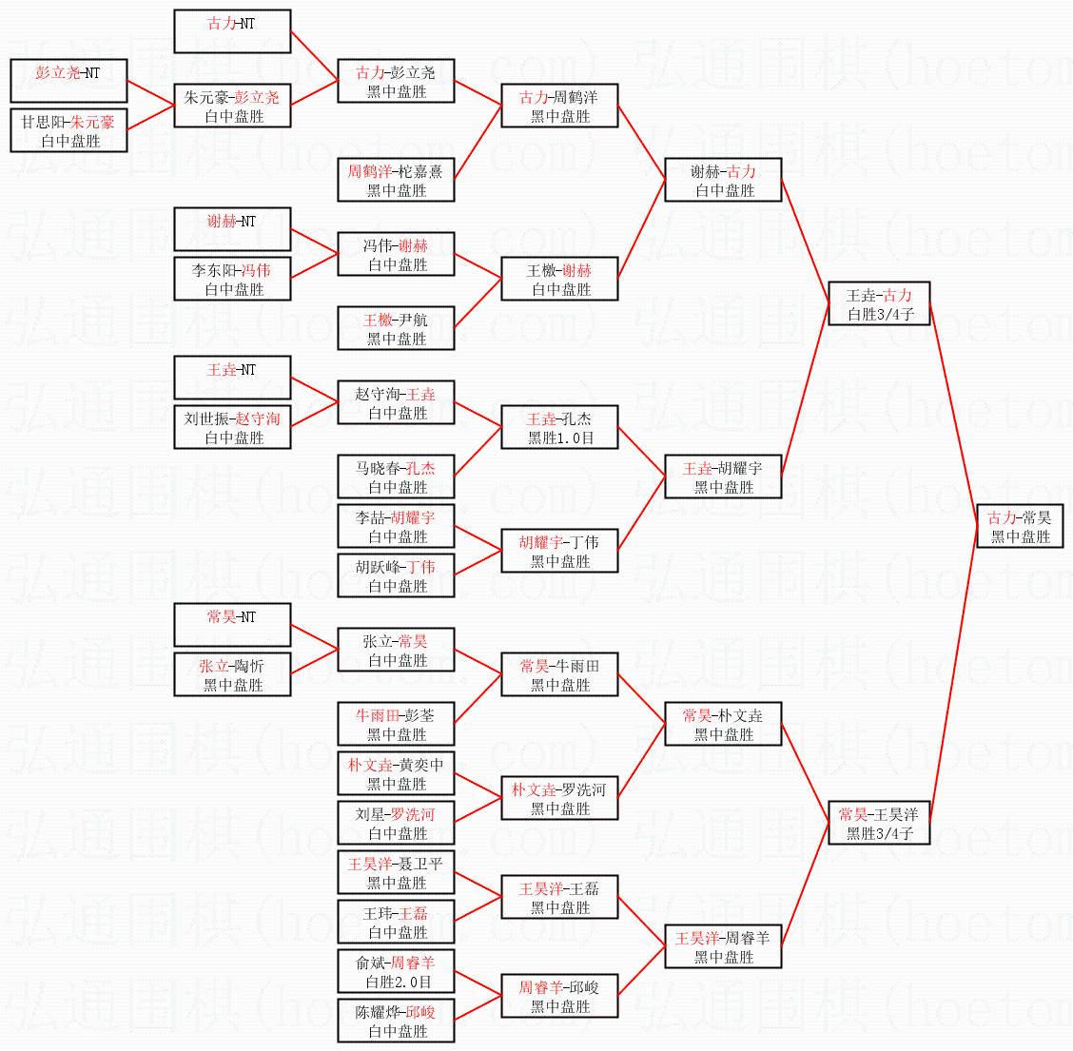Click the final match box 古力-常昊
(x=1020, y=527)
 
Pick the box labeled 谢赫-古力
(x=723, y=180)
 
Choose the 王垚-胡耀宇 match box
(x=723, y=477)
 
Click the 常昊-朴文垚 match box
(x=723, y=724)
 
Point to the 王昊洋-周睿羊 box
(x=723, y=946)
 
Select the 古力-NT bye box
(x=232, y=31)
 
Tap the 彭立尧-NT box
(x=68, y=81)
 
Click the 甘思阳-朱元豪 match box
(x=68, y=130)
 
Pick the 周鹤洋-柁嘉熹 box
(x=396, y=180)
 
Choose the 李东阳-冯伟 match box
(x=232, y=279)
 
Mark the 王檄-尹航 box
(x=396, y=328)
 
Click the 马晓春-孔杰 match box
(x=396, y=477)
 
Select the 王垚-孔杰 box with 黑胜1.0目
(x=559, y=427)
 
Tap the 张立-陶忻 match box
(x=232, y=674)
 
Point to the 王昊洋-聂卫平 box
(x=396, y=872)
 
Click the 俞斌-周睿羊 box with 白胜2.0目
(x=396, y=971)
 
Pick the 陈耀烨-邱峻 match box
(x=396, y=1021)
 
